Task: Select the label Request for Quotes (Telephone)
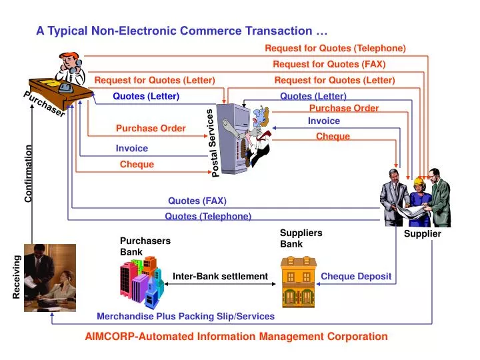pos(335,48)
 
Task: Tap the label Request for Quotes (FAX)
pos(329,65)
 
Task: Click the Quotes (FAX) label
pos(197,201)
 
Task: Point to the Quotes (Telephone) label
pos(208,216)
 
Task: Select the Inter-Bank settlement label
pos(220,277)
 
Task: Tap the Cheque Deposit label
pos(356,277)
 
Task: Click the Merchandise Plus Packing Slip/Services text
pos(185,316)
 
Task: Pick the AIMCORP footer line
pos(236,337)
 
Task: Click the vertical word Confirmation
pos(29,173)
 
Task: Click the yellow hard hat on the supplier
pos(419,181)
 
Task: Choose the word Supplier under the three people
pos(423,234)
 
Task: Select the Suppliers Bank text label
pos(301,239)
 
